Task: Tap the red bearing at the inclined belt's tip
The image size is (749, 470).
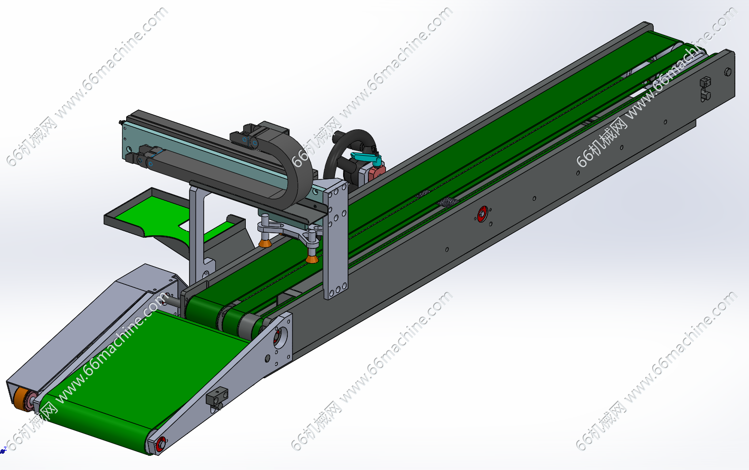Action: [x=161, y=444]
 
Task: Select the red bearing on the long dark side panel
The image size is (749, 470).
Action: [x=482, y=214]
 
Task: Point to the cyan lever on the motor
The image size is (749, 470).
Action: [x=366, y=158]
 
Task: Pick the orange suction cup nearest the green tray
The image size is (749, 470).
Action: [x=265, y=242]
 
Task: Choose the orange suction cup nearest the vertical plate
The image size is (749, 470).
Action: [x=312, y=258]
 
